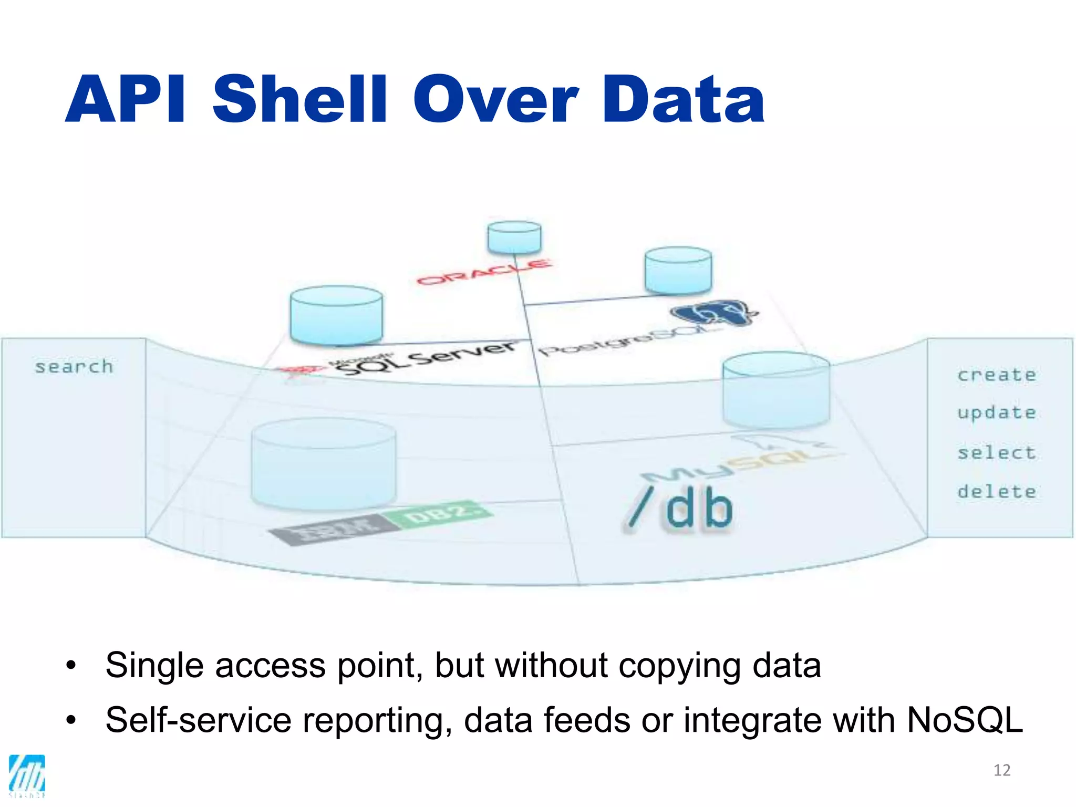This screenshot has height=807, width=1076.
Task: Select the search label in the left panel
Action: (x=74, y=367)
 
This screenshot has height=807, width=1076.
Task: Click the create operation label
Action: (x=996, y=375)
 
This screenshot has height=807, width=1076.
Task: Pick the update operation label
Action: (x=996, y=413)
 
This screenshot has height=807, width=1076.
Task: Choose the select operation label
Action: (x=996, y=452)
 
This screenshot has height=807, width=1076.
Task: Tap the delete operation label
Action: (x=996, y=492)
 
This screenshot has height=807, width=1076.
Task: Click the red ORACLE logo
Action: (x=484, y=272)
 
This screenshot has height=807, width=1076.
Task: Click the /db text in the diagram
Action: (x=681, y=508)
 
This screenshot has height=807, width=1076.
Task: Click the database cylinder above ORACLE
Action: (x=514, y=237)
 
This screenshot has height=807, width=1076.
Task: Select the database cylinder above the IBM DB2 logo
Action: (x=324, y=463)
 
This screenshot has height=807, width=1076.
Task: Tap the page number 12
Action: (x=1002, y=770)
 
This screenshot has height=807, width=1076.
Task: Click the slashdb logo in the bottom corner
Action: (x=27, y=775)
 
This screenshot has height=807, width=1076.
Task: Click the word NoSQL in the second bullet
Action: (x=965, y=720)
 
